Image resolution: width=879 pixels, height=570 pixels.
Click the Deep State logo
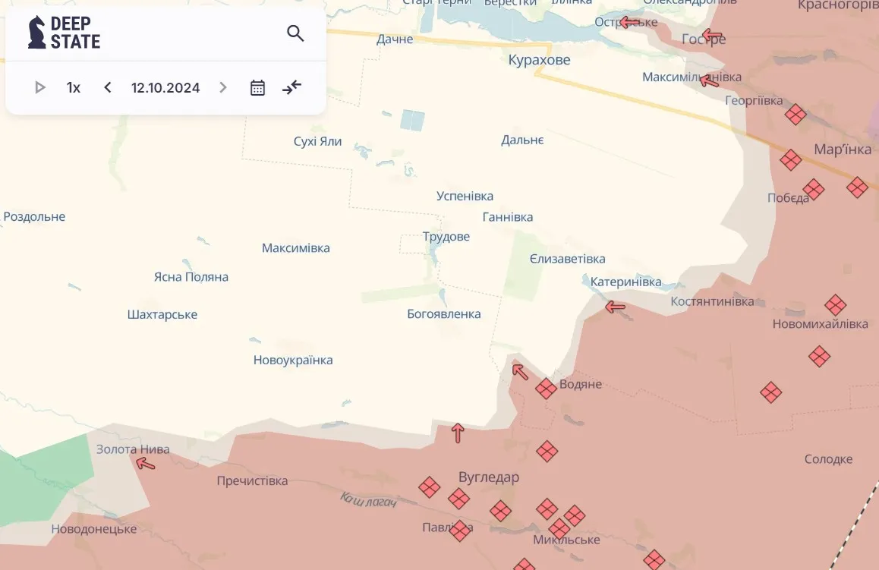coord(64,33)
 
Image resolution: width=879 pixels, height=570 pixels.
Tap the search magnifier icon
coord(295,33)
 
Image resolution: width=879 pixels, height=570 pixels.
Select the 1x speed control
coord(74,87)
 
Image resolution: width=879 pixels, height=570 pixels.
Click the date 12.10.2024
coord(165,87)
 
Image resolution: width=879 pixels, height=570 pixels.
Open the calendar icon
coord(257,87)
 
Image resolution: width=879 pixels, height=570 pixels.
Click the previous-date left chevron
coord(108,87)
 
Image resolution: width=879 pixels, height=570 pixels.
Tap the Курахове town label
coord(539,60)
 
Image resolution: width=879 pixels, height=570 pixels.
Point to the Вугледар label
coord(489,477)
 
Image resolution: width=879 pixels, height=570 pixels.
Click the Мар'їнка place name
coord(843,150)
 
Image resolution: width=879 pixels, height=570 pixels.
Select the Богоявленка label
coord(444,314)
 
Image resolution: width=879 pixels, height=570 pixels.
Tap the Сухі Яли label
coord(317,141)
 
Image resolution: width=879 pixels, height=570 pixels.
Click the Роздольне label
coord(35,217)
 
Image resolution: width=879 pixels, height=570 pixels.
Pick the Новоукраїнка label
coord(293,361)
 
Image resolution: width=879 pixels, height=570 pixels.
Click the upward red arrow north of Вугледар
coord(458,433)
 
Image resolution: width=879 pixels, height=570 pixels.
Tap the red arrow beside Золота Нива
coord(145,464)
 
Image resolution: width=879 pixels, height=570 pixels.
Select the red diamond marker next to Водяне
coord(546,389)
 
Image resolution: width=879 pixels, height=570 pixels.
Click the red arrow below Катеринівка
coord(615,307)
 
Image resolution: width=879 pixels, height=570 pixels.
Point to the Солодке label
coord(828,459)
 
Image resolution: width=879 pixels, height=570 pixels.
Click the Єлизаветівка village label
coord(568,259)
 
